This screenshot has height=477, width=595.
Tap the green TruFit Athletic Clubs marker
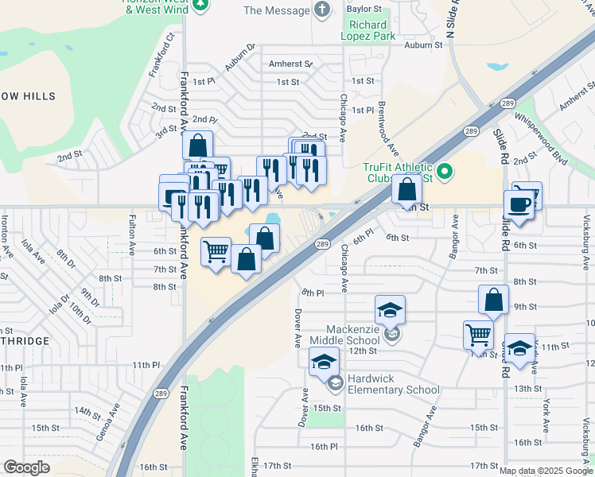point(445,169)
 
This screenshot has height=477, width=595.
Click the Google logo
point(26,467)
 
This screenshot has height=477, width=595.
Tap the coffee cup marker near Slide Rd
point(518,204)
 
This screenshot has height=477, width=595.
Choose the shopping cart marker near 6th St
point(216,252)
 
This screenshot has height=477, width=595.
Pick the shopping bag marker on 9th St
point(494,301)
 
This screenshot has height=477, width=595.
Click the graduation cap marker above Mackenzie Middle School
point(390,309)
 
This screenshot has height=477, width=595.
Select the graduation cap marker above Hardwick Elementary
point(324,363)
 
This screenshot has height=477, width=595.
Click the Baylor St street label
point(364,10)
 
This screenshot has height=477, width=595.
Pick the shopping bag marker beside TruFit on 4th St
point(406,190)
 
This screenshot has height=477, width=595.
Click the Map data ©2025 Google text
point(546,471)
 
